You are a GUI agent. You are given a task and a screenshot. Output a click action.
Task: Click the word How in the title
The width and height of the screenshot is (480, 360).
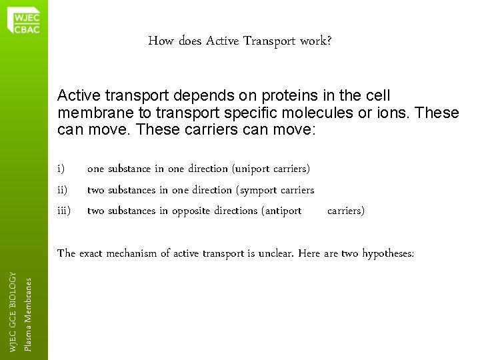pos(160,42)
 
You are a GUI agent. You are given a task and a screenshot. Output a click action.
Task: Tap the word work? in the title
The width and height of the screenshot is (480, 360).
pos(318,42)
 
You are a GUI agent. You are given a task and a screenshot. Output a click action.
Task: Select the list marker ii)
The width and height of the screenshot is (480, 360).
pos(63,190)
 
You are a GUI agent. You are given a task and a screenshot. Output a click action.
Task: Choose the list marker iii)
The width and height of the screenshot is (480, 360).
pos(64,211)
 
